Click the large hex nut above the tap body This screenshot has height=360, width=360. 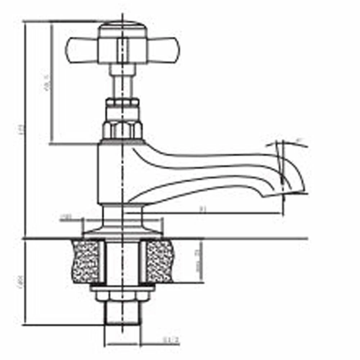tap(122, 130)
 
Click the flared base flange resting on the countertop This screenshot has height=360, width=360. tap(122, 230)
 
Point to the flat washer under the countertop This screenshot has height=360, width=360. tap(122, 288)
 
